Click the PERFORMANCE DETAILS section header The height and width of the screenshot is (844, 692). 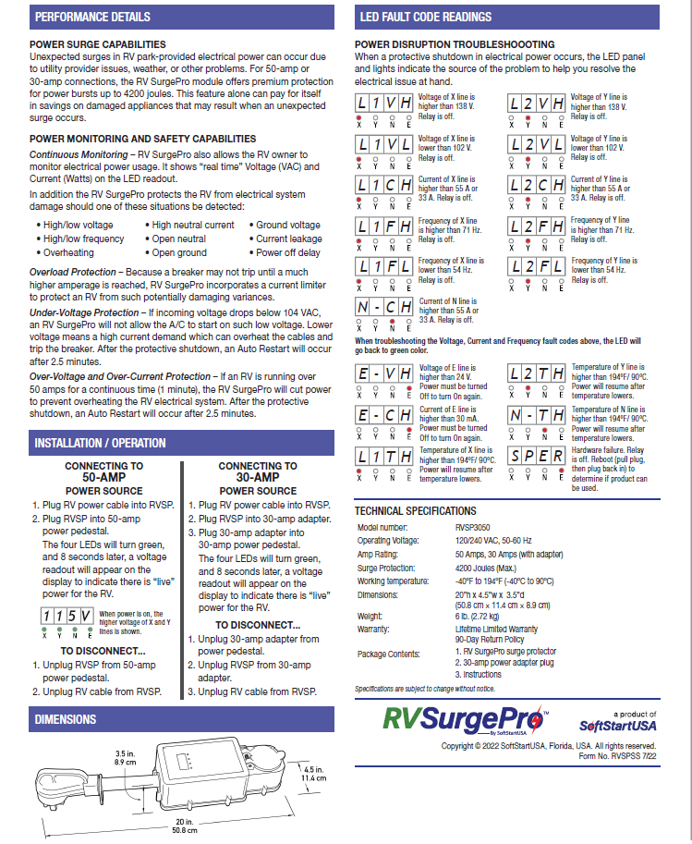point(91,17)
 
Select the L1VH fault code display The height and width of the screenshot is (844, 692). point(385,104)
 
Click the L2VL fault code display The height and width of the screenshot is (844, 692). point(537,144)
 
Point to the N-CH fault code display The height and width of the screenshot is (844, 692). point(385,308)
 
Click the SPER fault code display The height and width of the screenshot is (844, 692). point(537,458)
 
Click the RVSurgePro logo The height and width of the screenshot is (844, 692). point(466,718)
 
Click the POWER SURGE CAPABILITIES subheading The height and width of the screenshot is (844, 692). point(98,43)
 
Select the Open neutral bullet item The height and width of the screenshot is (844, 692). point(178,239)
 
